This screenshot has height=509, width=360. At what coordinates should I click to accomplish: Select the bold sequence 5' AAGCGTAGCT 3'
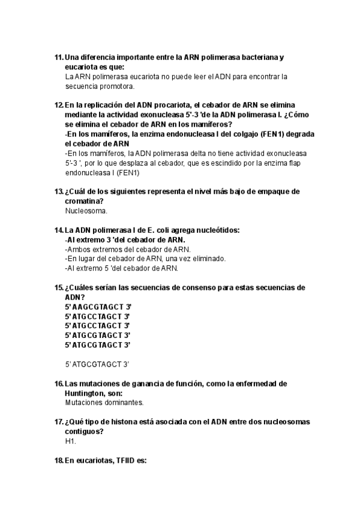[x=98, y=307]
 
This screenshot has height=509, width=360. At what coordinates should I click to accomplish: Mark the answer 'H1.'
[x=71, y=441]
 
